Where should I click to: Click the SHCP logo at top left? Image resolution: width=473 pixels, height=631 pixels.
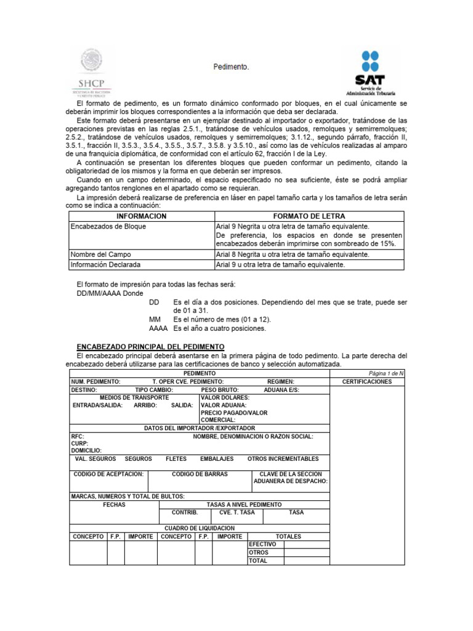91,73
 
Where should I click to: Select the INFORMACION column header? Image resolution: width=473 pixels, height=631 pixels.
142,216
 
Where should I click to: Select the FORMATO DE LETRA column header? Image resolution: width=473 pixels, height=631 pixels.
309,216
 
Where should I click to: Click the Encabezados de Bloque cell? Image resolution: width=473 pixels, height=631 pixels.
108,226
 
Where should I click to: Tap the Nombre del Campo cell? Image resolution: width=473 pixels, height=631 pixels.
101,254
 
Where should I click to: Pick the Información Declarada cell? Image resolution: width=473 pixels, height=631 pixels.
105,264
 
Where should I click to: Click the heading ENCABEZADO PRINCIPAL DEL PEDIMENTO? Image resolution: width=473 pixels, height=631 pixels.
150,348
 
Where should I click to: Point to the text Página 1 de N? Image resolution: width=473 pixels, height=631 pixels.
386,373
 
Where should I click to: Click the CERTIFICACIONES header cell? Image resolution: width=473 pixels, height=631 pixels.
367,382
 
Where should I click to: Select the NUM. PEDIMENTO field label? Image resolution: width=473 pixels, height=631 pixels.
95,382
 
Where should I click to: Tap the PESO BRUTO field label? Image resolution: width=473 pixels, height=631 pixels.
220,390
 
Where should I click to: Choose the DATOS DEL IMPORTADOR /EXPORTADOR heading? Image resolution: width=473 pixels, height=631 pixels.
200,428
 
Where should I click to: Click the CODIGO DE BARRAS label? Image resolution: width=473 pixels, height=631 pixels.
200,474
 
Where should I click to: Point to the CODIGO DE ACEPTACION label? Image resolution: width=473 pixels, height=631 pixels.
108,474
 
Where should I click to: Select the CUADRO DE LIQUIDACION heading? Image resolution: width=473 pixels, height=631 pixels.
199,528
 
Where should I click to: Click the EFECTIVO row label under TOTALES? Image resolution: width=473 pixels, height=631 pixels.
262,545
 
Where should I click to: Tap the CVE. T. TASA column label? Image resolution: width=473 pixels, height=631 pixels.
236,512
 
